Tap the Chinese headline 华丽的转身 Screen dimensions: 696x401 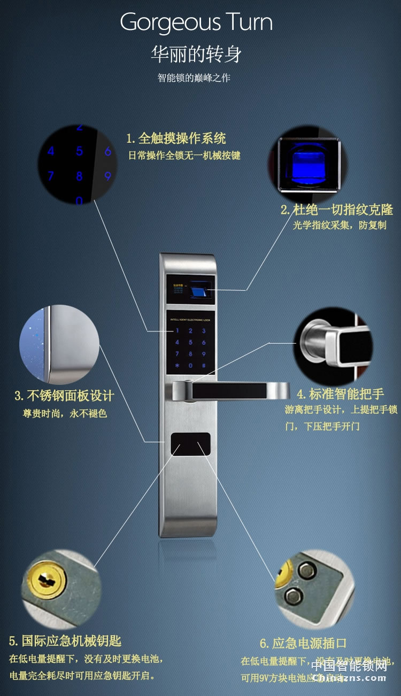[196, 55]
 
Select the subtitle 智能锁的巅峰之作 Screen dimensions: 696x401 [194, 78]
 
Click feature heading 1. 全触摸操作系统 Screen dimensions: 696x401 [176, 138]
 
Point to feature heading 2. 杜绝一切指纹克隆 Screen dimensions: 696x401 [337, 209]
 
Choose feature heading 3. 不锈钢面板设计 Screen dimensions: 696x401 [64, 396]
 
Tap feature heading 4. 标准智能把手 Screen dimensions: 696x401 [341, 394]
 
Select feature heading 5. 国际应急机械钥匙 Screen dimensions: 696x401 [65, 640]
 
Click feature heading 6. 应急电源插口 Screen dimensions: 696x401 [303, 643]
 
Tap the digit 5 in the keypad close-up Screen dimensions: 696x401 [79, 151]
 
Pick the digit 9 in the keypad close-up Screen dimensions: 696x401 [107, 175]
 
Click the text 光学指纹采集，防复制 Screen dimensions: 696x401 [340, 225]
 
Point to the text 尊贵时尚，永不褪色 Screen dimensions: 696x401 [64, 414]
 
